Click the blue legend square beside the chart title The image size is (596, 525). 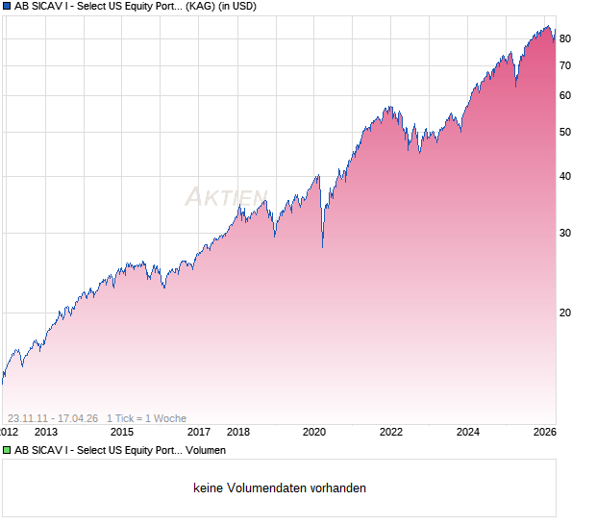click(7, 6)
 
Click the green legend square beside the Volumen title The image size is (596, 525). click(7, 450)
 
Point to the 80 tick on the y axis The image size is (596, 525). click(565, 38)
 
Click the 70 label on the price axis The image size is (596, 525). click(565, 65)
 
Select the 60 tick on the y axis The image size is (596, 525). click(565, 95)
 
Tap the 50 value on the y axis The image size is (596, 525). click(565, 132)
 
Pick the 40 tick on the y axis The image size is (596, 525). click(565, 176)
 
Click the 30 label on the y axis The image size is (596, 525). click(565, 233)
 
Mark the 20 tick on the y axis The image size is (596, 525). click(565, 312)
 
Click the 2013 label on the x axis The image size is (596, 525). click(44, 433)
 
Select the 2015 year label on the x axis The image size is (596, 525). click(121, 433)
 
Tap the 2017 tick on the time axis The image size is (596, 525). click(199, 433)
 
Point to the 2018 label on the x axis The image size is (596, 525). click(237, 433)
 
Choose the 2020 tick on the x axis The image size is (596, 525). click(314, 433)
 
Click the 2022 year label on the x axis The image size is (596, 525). click(391, 433)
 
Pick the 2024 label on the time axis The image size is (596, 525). click(468, 433)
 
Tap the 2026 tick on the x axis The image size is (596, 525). click(544, 433)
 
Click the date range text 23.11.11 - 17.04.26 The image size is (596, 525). click(52, 418)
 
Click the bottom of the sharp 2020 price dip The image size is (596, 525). click(322, 247)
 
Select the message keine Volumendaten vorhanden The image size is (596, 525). click(280, 488)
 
